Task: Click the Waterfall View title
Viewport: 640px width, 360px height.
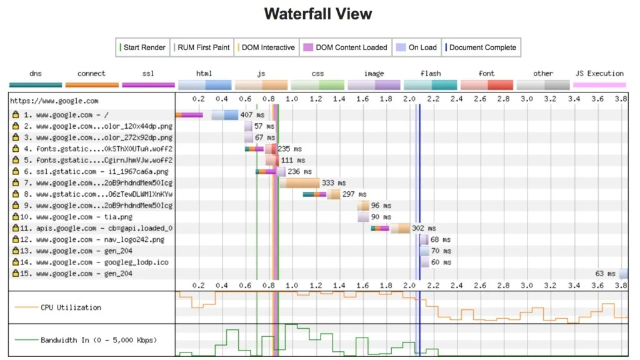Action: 318,14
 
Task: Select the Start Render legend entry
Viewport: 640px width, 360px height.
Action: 142,47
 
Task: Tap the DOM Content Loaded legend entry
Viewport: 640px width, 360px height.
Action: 345,47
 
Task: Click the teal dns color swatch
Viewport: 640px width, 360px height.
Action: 36,85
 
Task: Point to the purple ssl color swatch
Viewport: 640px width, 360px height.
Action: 149,85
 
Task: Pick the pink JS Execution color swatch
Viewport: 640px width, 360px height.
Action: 599,85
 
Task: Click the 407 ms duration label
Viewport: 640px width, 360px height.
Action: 252,115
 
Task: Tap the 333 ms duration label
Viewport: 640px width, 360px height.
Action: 334,183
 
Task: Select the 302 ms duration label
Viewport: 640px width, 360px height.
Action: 424,228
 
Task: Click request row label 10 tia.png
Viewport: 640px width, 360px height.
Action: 76,217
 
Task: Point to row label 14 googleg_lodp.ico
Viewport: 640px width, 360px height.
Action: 94,262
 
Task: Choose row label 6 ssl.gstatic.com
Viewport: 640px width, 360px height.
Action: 96,171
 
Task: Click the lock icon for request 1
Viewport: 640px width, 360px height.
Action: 16,115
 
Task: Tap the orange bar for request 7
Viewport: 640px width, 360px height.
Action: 302,183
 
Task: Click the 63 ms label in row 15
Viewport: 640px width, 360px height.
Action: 605,274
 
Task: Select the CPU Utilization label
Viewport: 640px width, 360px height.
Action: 71,307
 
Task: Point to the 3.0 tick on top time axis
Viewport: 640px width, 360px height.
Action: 526,99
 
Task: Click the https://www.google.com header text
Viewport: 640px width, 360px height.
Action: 54,101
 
